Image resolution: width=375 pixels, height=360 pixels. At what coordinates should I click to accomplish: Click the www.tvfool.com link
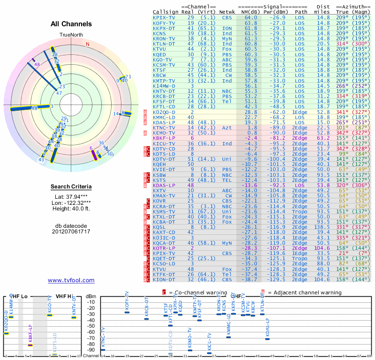tap(71, 280)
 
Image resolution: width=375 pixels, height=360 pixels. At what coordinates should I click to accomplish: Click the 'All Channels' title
tap(71, 24)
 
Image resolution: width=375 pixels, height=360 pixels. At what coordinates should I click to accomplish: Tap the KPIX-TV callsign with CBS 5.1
tap(164, 17)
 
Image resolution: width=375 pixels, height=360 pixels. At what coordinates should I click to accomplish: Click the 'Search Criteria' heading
tap(71, 187)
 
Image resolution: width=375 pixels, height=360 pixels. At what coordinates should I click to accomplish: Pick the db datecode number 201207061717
tap(71, 232)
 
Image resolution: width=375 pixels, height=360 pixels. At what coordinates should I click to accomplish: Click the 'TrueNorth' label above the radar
tap(71, 35)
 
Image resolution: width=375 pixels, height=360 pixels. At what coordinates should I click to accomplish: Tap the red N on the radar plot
tap(87, 44)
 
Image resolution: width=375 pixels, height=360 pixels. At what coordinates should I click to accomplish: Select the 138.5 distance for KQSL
tap(323, 227)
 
